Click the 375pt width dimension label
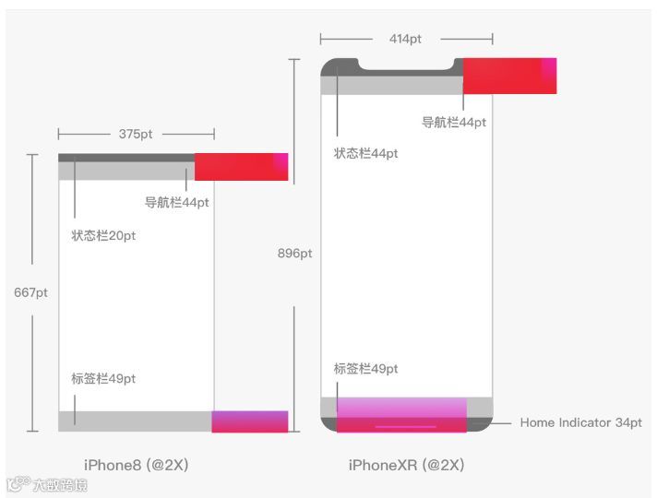point(136,134)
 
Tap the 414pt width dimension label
point(406,39)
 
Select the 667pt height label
point(31,293)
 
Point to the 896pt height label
point(294,254)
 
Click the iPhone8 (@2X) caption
point(136,465)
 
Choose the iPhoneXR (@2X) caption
point(406,465)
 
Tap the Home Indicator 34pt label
point(580,422)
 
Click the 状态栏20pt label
point(103,236)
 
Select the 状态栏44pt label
point(365,154)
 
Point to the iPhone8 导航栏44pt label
point(176,202)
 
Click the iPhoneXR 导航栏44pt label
point(454,122)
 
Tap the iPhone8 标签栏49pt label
point(103,378)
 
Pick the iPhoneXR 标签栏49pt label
point(365,369)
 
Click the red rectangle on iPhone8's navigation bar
point(241,166)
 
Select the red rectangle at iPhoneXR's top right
point(509,76)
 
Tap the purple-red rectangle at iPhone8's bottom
point(249,421)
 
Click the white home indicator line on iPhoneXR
point(405,427)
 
